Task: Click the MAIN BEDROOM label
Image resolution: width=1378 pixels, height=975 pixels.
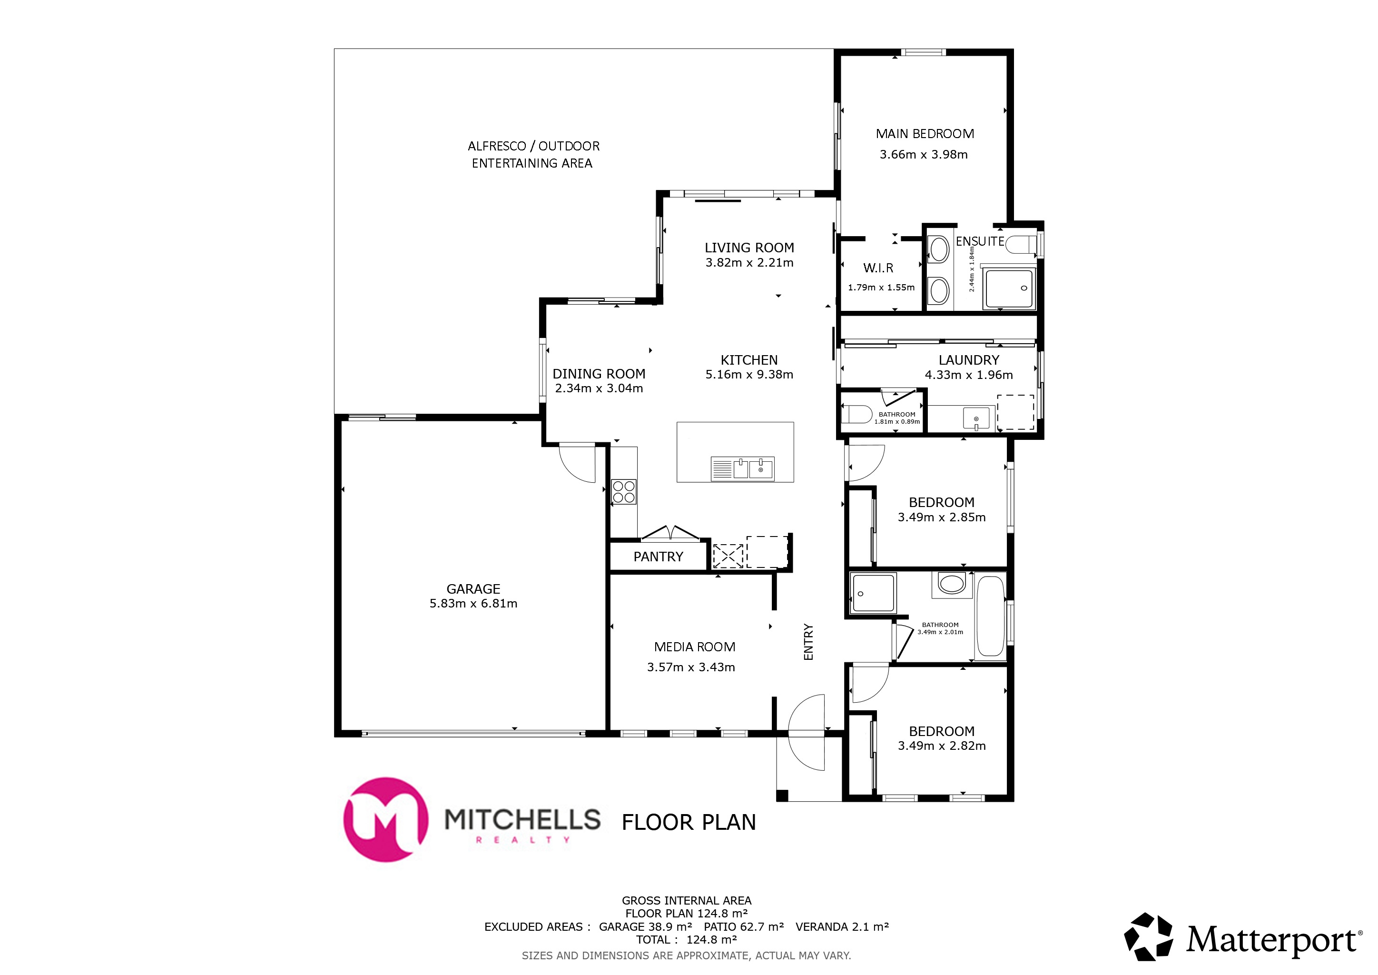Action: [924, 134]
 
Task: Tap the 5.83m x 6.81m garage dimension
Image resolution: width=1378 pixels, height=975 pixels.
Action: [473, 603]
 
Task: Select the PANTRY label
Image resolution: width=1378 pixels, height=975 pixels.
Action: [658, 557]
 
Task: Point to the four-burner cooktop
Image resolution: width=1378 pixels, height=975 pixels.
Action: [624, 492]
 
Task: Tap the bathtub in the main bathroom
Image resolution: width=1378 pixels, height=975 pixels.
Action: [990, 617]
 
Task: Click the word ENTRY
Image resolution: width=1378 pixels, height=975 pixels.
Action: [808, 642]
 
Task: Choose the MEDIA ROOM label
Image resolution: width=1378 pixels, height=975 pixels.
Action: [694, 647]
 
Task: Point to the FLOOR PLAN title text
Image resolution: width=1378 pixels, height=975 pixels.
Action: [689, 822]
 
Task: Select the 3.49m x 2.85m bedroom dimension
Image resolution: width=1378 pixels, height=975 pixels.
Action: [941, 517]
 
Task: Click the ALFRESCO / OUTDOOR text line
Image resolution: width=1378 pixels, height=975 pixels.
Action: [533, 146]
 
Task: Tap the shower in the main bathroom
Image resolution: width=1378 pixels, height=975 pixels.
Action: [873, 593]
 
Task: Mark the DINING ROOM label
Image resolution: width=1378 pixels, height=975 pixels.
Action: [599, 373]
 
